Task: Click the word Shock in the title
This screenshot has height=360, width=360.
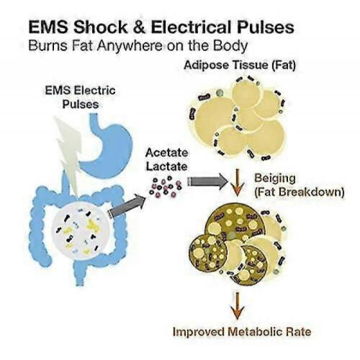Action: (x=100, y=27)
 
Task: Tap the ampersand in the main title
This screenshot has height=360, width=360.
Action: (x=139, y=27)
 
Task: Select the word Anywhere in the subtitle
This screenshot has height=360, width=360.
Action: (x=130, y=46)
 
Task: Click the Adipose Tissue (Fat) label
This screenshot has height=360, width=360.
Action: (x=240, y=65)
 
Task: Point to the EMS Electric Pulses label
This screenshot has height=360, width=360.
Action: (x=81, y=97)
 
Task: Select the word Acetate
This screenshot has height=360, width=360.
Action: (x=166, y=153)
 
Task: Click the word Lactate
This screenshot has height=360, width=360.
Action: (x=166, y=166)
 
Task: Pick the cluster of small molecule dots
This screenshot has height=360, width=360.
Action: (x=166, y=187)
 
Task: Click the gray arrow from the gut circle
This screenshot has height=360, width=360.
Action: (x=127, y=207)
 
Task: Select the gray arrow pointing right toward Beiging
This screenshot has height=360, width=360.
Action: (x=207, y=181)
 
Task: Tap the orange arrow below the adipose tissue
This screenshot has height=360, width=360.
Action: (x=238, y=181)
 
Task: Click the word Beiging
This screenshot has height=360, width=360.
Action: (x=275, y=179)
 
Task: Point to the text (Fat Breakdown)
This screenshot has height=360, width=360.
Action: (x=300, y=192)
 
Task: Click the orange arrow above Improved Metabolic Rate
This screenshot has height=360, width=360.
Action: (x=238, y=306)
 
